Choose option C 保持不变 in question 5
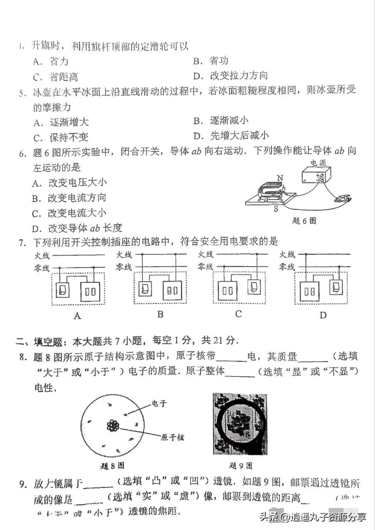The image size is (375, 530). (60, 137)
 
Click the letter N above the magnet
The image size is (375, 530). (280, 178)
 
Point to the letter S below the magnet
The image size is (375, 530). (275, 209)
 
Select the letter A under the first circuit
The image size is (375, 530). (77, 316)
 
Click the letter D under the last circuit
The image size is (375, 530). (323, 316)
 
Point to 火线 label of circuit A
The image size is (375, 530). (41, 255)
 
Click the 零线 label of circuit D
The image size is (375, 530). (287, 267)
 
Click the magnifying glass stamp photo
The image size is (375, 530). (240, 424)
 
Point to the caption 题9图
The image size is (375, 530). (240, 466)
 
